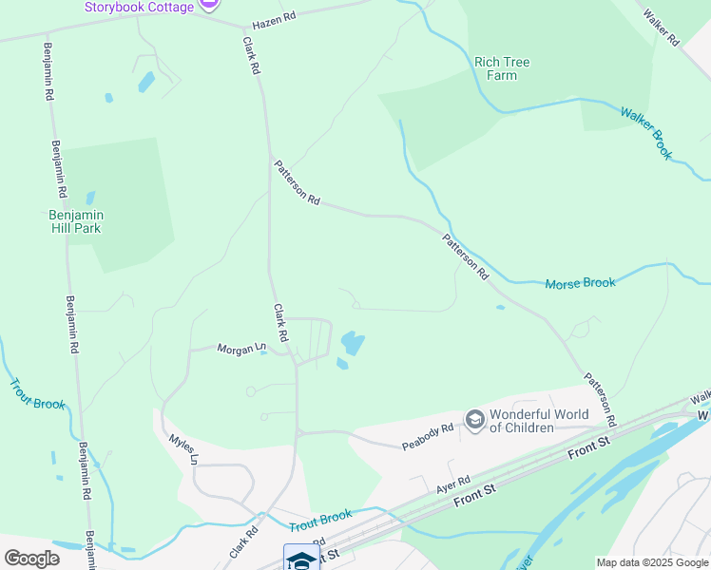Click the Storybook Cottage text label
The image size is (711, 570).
point(139,7)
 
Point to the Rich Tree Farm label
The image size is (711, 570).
point(502,68)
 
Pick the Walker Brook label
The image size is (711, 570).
point(646,131)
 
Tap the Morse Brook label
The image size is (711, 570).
point(580,283)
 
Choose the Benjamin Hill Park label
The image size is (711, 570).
point(75,221)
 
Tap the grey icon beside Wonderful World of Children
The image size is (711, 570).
point(473,419)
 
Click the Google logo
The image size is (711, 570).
point(31,559)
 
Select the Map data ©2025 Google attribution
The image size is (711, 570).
point(652,562)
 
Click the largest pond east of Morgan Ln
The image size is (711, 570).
point(353,342)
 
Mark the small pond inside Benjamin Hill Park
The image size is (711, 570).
point(90,199)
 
